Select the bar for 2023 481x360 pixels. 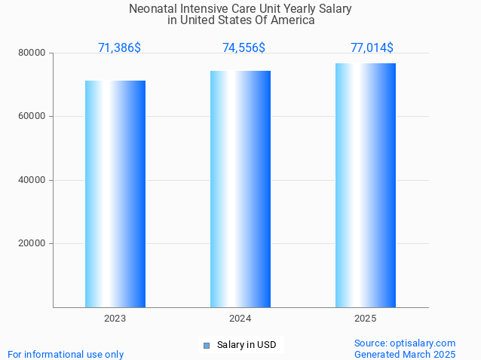coord(115,194)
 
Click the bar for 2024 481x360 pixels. coord(240,189)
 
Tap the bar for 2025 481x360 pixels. coord(366,185)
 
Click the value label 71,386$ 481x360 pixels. coord(119,48)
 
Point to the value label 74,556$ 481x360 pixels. coord(244,48)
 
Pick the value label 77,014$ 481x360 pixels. coord(372,48)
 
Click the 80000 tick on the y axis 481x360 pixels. coord(32,53)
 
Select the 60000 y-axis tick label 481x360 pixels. coord(32,117)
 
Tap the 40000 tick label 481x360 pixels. coord(32,180)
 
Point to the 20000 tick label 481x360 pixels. coord(32,243)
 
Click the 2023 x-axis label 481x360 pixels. coord(115,319)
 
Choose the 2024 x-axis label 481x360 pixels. coord(240,319)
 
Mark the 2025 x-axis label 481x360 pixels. coord(366,319)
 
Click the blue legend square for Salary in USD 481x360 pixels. coord(206,346)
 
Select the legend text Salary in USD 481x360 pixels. coord(247,346)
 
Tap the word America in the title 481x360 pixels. coord(293,20)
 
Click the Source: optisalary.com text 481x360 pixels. coord(405,343)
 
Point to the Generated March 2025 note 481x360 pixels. coord(405,354)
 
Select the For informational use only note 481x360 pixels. coord(66,354)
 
